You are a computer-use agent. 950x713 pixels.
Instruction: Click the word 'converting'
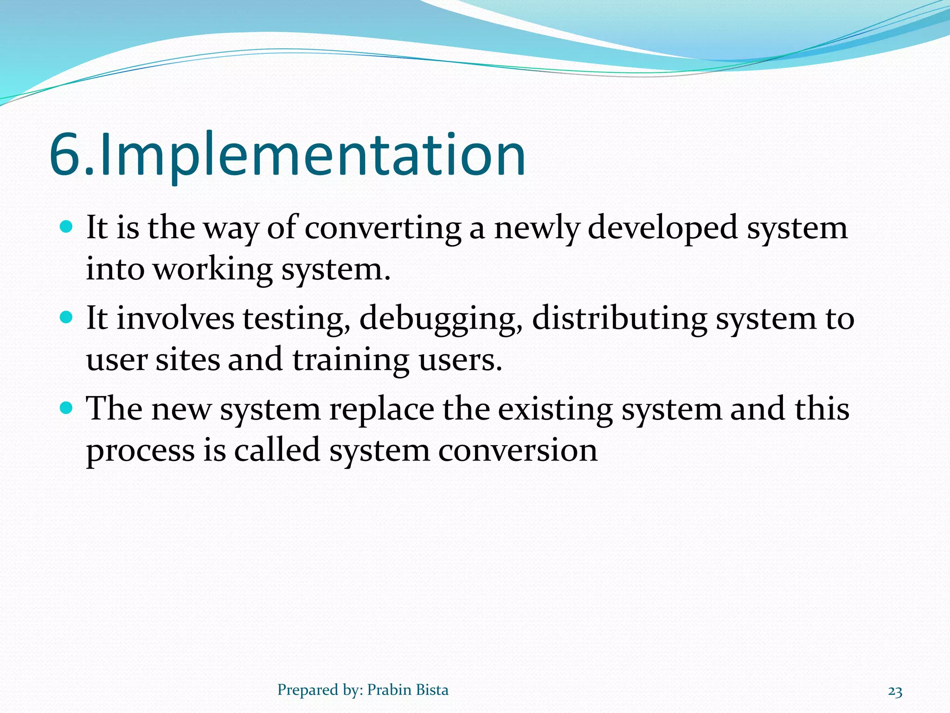[383, 228]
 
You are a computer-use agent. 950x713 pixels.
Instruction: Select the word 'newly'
[537, 228]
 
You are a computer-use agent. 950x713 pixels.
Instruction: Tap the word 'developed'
[662, 228]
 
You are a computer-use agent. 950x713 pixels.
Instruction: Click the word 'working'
[213, 269]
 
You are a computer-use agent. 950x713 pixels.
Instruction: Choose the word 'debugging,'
[441, 319]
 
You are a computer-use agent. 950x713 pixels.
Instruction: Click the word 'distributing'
[619, 319]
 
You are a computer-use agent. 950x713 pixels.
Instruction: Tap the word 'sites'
[187, 360]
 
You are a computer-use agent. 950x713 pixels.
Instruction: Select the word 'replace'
[381, 409]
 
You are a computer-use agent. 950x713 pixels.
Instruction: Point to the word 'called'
[277, 450]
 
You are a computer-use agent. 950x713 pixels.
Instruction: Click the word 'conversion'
[518, 450]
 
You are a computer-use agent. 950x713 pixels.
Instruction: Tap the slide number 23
[895, 692]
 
